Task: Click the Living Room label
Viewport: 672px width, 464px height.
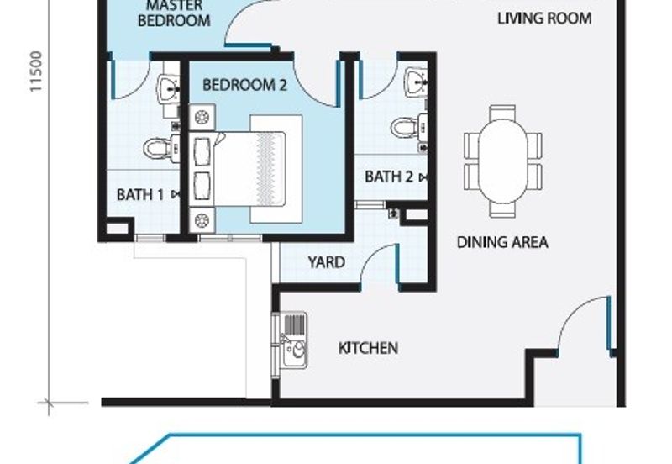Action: tap(544, 18)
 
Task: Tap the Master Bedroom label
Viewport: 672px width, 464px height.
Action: tap(174, 13)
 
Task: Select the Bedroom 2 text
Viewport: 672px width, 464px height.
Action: tap(244, 85)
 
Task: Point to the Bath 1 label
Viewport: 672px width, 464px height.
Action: tap(140, 195)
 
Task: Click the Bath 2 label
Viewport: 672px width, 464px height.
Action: tap(389, 177)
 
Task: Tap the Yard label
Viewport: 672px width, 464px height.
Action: tap(327, 262)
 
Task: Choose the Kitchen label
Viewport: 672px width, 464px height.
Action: tap(368, 348)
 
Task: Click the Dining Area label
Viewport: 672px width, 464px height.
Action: tap(502, 242)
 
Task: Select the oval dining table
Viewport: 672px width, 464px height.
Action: tap(502, 161)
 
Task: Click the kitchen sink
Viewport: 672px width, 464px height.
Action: tap(293, 340)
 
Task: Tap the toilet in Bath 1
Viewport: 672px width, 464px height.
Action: tap(161, 149)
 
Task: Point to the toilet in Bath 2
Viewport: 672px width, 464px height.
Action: tap(409, 127)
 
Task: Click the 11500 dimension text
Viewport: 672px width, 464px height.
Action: tap(37, 71)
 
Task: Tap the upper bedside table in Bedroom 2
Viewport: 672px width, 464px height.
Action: tap(202, 117)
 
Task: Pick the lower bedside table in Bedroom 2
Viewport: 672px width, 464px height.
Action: tap(202, 220)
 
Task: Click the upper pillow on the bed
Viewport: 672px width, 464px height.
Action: tap(202, 151)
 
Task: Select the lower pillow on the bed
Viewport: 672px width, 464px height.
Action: tap(202, 187)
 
